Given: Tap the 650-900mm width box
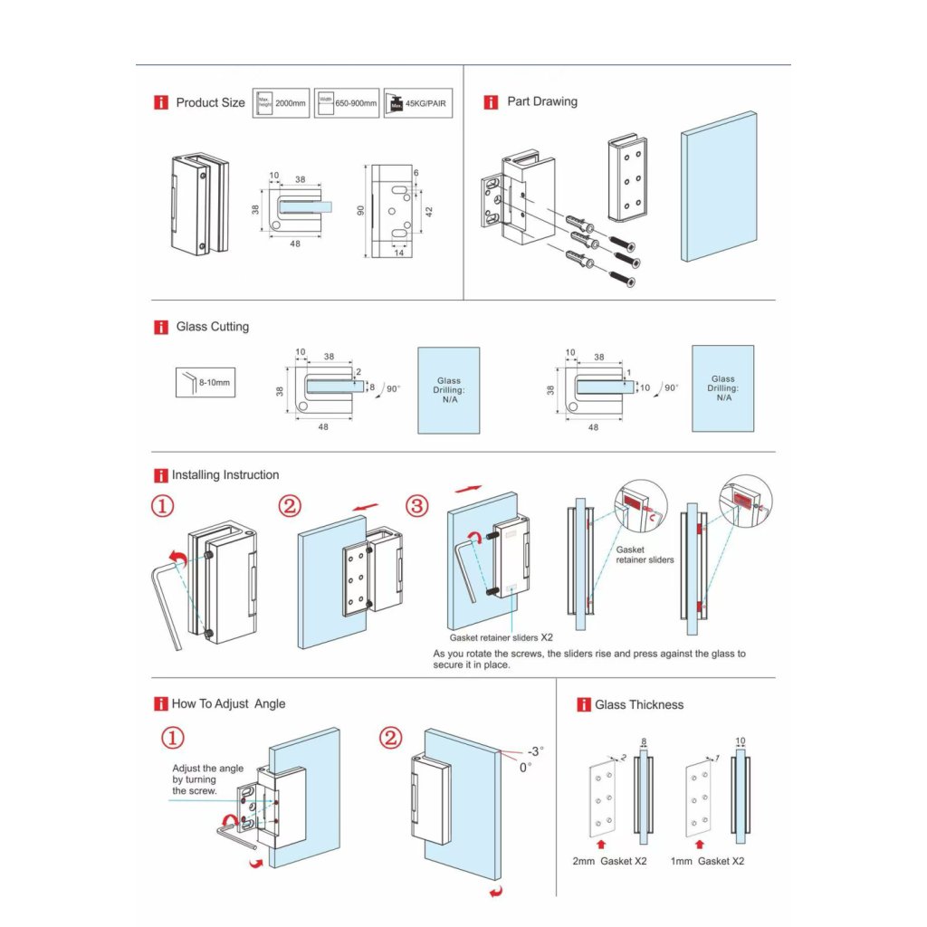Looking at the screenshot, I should (x=347, y=103).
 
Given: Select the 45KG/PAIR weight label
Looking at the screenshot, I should (x=418, y=103).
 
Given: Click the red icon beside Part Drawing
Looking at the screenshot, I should (x=491, y=102).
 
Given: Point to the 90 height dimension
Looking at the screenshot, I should (x=360, y=210).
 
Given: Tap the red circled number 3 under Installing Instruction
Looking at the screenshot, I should (x=416, y=507).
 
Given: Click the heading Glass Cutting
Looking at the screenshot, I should (x=212, y=327).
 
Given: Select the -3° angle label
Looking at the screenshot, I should (x=536, y=750).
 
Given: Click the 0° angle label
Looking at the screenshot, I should (x=525, y=767).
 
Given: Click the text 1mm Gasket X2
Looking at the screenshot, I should (x=707, y=861).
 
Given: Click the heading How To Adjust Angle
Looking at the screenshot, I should (x=228, y=703).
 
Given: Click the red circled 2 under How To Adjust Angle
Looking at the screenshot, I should (x=389, y=738).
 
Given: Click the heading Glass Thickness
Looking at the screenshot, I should (x=639, y=704).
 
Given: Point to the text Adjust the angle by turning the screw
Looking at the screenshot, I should (x=207, y=779).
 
